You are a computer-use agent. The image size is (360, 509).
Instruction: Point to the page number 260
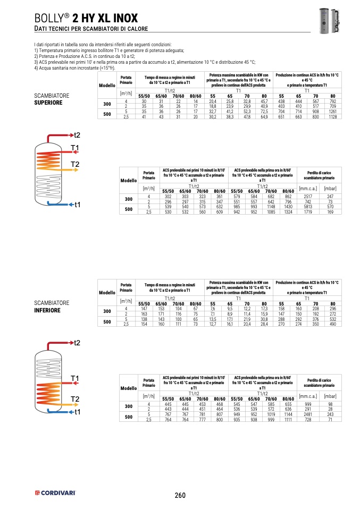(x=180, y=495)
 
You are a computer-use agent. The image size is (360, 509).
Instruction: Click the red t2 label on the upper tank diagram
(x=77, y=135)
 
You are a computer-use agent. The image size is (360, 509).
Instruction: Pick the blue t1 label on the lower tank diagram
(x=77, y=412)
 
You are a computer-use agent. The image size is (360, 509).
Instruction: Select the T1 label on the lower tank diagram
(x=74, y=378)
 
